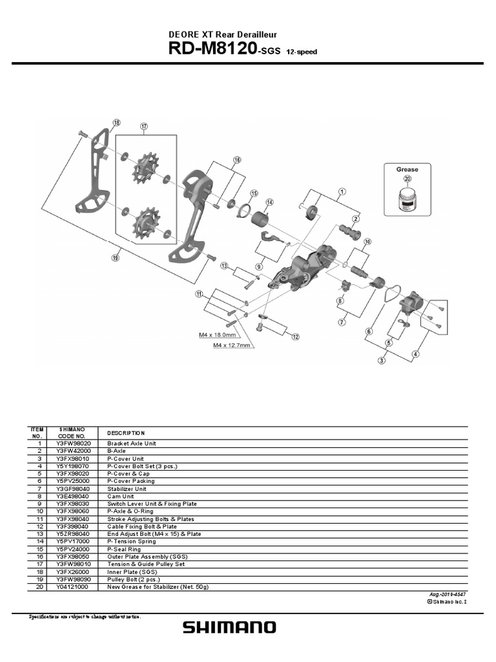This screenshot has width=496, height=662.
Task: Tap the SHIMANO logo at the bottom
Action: (229, 627)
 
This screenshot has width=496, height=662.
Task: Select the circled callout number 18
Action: (116, 123)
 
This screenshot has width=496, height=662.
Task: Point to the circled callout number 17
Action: (143, 127)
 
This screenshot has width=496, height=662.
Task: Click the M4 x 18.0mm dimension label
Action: (216, 336)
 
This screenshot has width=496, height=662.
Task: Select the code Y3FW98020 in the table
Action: (73, 443)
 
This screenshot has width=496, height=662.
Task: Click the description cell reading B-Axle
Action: (117, 451)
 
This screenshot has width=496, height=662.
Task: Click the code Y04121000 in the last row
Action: (73, 587)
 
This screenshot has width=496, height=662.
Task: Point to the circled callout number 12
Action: (295, 337)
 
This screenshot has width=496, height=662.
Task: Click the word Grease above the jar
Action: (407, 169)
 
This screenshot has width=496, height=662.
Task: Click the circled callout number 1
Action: (342, 191)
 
